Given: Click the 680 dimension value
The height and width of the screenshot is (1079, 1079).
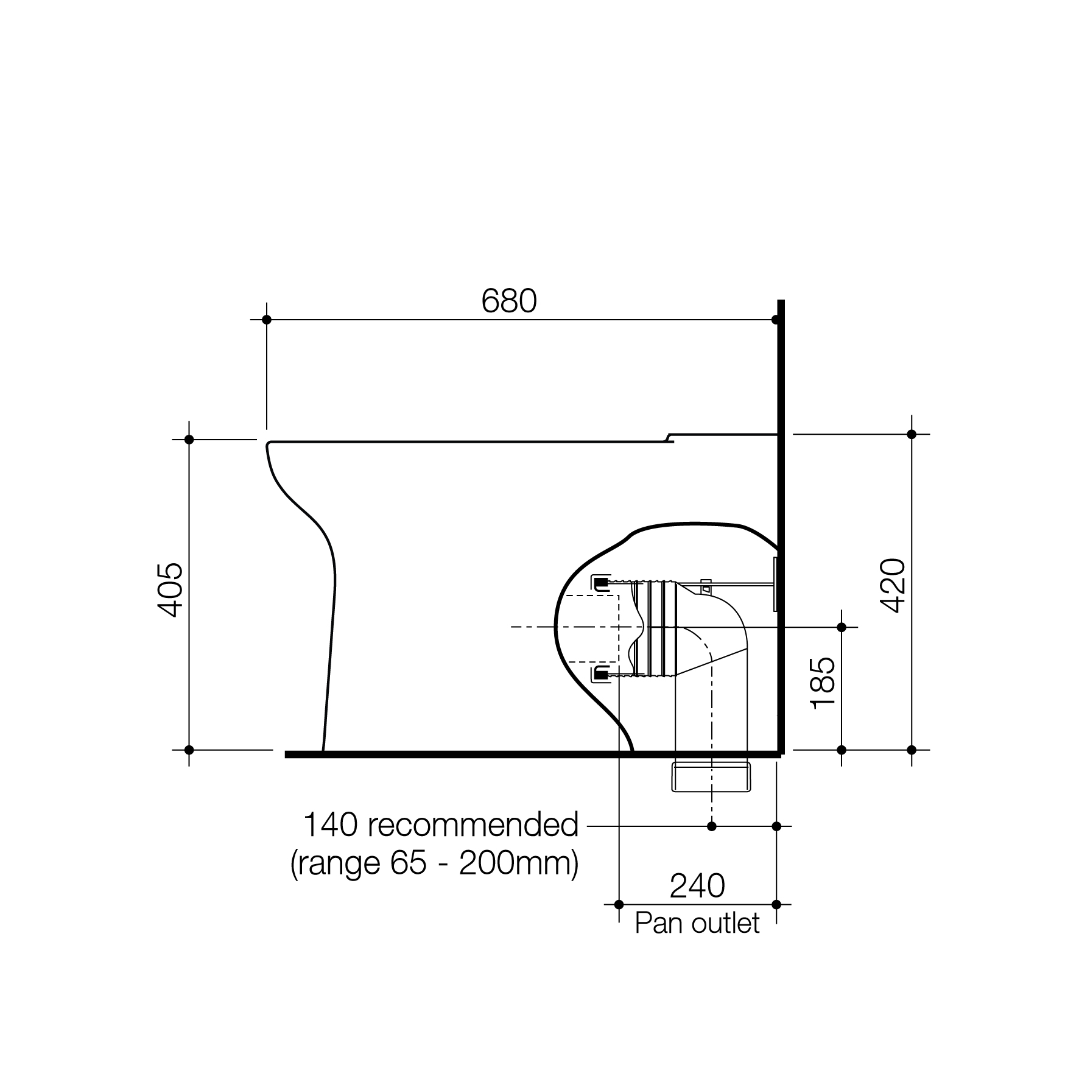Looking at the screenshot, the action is [x=509, y=301].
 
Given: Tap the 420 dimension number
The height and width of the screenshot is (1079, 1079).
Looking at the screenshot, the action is [x=893, y=585].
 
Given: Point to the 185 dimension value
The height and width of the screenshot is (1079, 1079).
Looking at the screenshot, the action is [x=823, y=683].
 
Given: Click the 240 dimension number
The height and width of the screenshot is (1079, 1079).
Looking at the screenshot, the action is [x=697, y=886].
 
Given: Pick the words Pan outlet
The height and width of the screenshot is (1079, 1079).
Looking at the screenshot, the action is [x=697, y=923].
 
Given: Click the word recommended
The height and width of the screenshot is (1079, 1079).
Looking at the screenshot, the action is [x=473, y=825].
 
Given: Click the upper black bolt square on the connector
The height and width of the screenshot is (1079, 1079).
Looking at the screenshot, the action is [x=601, y=583].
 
